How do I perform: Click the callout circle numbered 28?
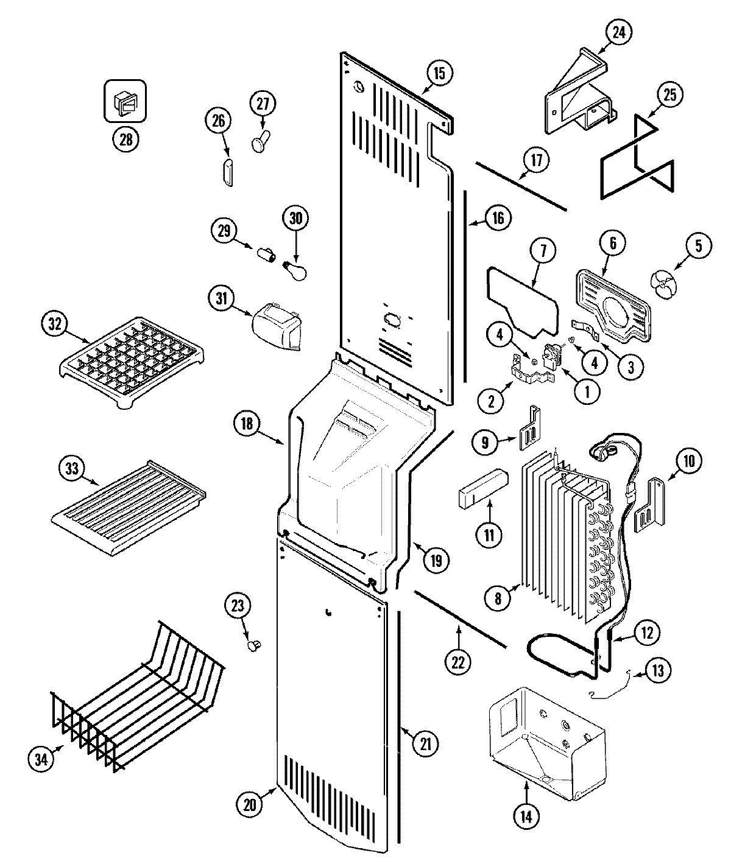coord(125,139)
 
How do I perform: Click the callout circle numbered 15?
coord(440,74)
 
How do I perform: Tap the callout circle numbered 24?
coord(618,32)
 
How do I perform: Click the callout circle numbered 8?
coord(498,599)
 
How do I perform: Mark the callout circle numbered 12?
coord(646,633)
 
